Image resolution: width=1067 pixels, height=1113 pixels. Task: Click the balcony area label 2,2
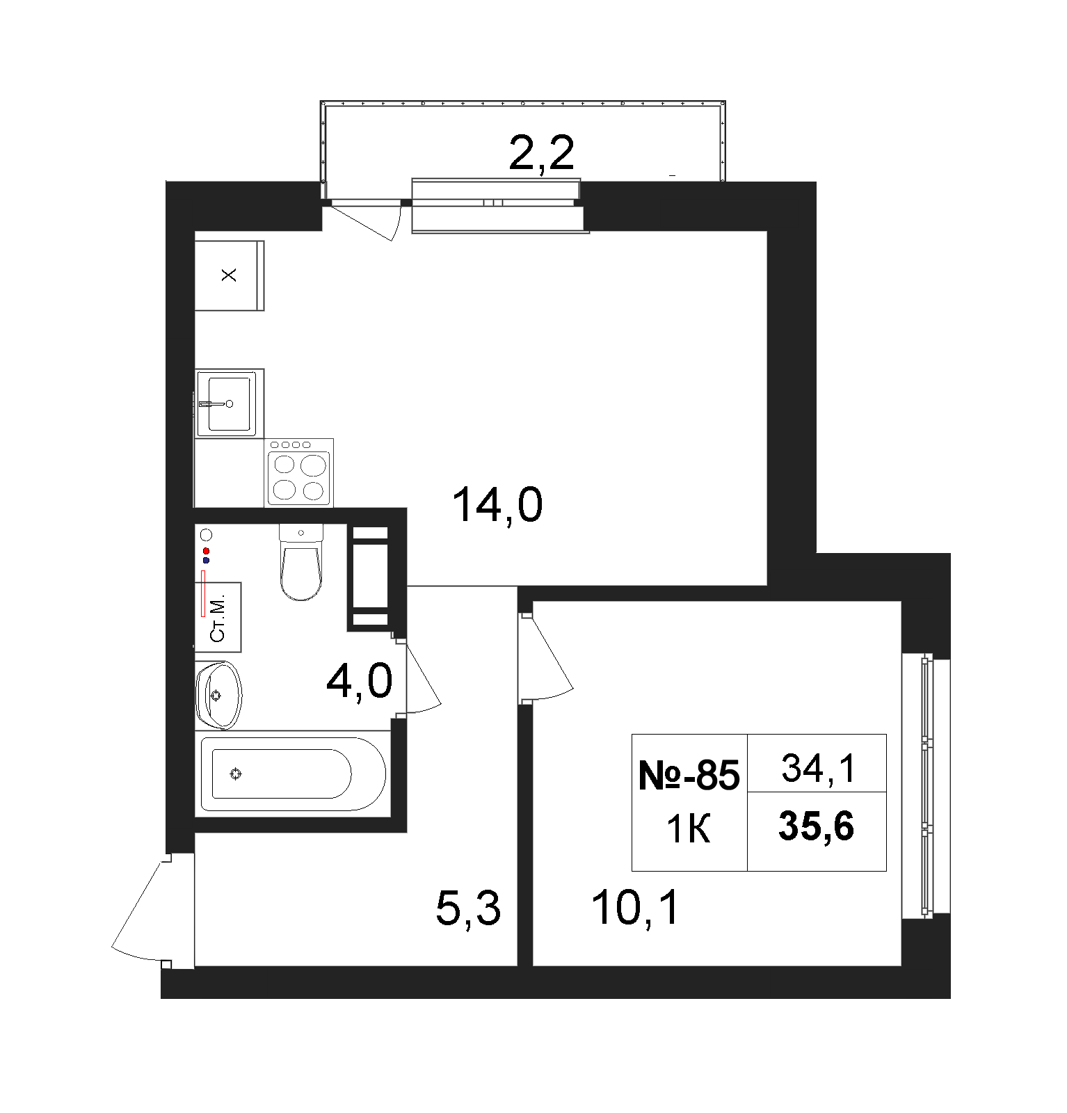[541, 154]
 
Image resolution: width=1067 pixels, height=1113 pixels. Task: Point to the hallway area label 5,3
[468, 908]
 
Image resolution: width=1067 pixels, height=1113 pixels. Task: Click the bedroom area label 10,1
[635, 908]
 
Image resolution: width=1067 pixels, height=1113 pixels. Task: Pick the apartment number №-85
[689, 775]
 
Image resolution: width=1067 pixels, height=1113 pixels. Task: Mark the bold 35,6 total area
[817, 827]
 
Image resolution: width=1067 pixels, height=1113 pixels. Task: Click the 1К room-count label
[689, 830]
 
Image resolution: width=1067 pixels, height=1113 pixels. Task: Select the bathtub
[293, 774]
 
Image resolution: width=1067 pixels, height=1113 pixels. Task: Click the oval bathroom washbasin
[218, 695]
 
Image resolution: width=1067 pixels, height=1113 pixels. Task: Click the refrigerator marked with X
[229, 275]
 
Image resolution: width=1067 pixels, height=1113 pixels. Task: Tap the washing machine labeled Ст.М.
[218, 617]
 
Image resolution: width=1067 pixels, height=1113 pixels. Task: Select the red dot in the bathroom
[206, 551]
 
